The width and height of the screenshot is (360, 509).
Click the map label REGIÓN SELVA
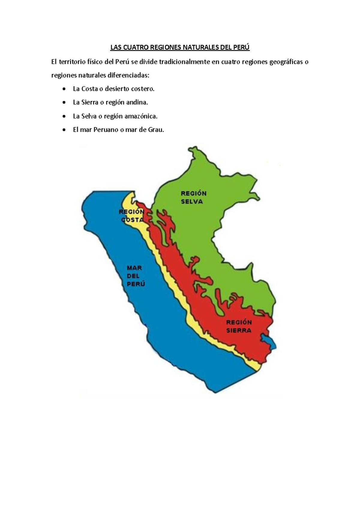coord(193,197)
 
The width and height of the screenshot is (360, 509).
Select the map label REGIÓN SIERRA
coord(239,326)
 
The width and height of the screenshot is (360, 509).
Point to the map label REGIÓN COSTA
coord(132,216)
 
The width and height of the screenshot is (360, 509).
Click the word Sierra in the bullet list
coord(90,102)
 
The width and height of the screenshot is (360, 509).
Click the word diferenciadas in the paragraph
coord(128,75)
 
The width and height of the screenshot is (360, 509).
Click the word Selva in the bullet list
coord(89,116)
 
